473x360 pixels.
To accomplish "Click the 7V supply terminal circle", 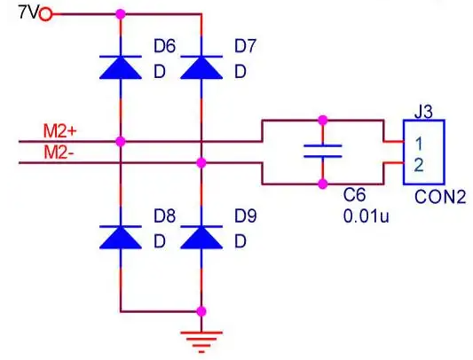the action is (x=45, y=14).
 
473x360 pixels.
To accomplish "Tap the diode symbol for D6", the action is (x=121, y=67).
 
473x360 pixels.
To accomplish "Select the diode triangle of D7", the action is (x=201, y=67).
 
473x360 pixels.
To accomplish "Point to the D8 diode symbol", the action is (x=121, y=238).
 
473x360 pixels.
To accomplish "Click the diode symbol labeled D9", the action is (x=201, y=238).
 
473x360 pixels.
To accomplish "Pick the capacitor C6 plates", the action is (x=323, y=151).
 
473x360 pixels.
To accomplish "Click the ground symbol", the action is (x=201, y=342).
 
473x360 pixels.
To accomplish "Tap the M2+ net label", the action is (x=60, y=131).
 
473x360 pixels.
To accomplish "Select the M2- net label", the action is (x=59, y=153).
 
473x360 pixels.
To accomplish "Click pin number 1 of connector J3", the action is (x=419, y=144).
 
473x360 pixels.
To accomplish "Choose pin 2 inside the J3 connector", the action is (x=419, y=165).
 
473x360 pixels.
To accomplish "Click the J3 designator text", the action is (x=424, y=112).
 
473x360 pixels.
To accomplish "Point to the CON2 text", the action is (x=440, y=198).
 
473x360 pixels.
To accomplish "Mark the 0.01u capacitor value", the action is (x=367, y=215).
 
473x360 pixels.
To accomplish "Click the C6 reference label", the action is (x=355, y=195).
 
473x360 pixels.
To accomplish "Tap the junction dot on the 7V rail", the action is (x=121, y=14).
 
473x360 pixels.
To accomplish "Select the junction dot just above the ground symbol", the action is (x=201, y=311).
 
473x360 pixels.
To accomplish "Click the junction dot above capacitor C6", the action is (x=323, y=121).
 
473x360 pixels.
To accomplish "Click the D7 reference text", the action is (x=246, y=46).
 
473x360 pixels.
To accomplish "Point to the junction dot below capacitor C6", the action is (x=323, y=184).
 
